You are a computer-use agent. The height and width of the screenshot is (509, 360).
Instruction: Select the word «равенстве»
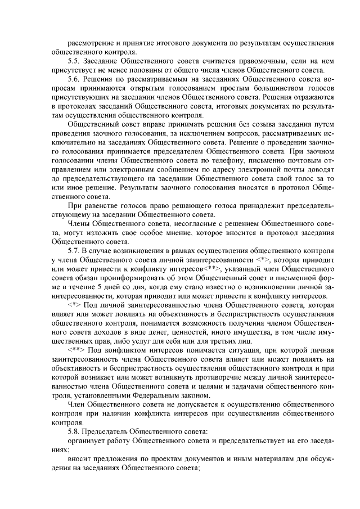pyautogui.click(x=103, y=207)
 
